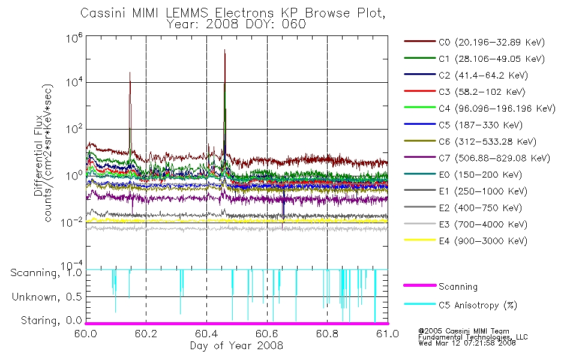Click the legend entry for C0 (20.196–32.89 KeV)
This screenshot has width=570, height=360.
(x=474, y=42)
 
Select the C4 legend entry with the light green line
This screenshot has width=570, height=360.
(x=479, y=109)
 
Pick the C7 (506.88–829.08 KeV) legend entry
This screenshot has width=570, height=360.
(x=476, y=158)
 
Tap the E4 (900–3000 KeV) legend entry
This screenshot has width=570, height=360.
(x=466, y=241)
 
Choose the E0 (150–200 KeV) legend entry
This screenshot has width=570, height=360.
(x=463, y=175)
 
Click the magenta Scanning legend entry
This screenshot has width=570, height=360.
(x=440, y=287)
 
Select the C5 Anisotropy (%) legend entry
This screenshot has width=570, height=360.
(x=460, y=305)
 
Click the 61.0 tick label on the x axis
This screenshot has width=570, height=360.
(x=388, y=334)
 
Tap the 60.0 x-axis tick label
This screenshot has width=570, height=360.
(x=86, y=334)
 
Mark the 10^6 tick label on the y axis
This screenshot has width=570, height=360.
(x=74, y=37)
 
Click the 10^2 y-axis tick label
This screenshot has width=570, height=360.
(x=74, y=129)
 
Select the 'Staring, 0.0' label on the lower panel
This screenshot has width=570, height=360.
(x=51, y=320)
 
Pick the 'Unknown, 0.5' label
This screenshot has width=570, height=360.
(x=47, y=297)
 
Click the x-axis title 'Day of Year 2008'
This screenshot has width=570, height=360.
(x=236, y=346)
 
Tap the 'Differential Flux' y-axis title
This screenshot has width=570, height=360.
(x=38, y=155)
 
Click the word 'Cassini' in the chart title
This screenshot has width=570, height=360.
(x=103, y=13)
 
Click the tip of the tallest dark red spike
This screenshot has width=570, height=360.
(x=224, y=49)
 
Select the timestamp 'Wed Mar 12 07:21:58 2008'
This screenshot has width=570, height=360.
(x=467, y=343)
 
